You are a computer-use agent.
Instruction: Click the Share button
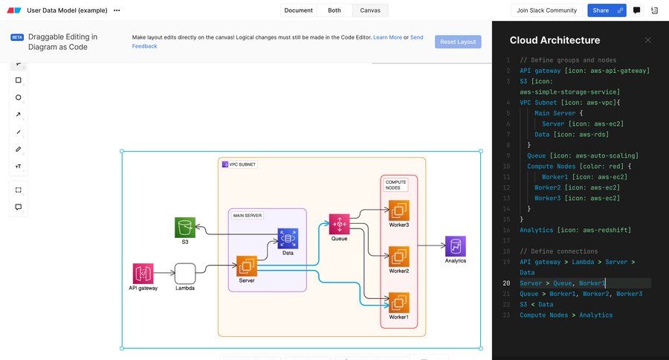pyautogui.click(x=601, y=10)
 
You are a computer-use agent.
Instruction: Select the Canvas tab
pyautogui.click(x=370, y=10)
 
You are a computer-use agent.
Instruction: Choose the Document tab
pyautogui.click(x=298, y=10)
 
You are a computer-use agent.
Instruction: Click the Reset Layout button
pyautogui.click(x=458, y=42)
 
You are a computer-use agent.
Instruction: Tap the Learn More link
pyautogui.click(x=387, y=37)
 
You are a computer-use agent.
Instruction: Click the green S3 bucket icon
pyautogui.click(x=185, y=228)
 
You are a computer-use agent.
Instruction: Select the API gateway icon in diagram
pyautogui.click(x=143, y=273)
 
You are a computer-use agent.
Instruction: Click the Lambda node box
pyautogui.click(x=185, y=273)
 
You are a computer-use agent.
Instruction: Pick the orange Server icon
pyautogui.click(x=247, y=266)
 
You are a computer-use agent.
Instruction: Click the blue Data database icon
pyautogui.click(x=288, y=238)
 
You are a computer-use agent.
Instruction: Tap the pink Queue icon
pyautogui.click(x=339, y=224)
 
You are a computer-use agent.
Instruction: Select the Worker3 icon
pyautogui.click(x=399, y=210)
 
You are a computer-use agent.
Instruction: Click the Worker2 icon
pyautogui.click(x=399, y=257)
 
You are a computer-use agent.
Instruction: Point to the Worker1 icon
pyautogui.click(x=399, y=303)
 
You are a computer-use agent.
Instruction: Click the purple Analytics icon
pyautogui.click(x=456, y=246)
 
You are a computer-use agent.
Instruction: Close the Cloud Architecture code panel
pyautogui.click(x=647, y=40)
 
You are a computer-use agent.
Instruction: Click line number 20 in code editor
pyautogui.click(x=506, y=283)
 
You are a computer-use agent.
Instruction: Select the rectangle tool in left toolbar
pyautogui.click(x=19, y=80)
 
